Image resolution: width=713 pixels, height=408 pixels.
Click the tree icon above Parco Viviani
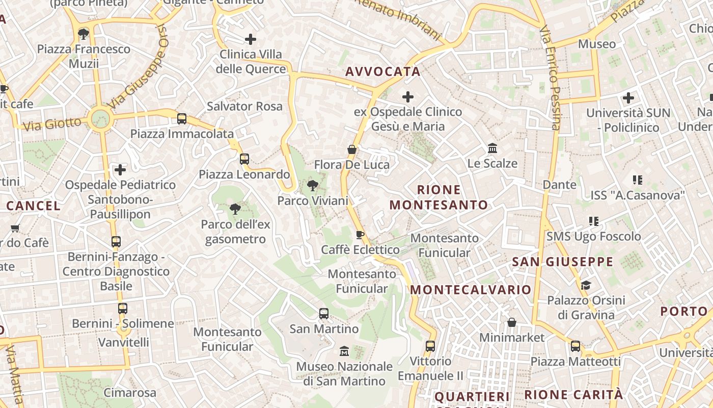tap(312, 186)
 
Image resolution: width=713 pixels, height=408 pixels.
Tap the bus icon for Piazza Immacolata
tap(182, 119)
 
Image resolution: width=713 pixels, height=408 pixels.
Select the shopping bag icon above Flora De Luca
tap(351, 149)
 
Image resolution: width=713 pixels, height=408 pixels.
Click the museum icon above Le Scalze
tap(492, 148)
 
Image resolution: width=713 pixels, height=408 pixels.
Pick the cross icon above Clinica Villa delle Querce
tap(251, 39)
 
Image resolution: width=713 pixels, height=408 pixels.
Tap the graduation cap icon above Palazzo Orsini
tap(586, 285)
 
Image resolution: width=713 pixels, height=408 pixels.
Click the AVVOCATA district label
tap(383, 72)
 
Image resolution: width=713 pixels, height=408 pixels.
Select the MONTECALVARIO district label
tap(471, 290)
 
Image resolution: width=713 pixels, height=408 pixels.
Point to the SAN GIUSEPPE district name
tap(562, 262)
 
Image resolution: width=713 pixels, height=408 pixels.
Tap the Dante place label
tap(560, 185)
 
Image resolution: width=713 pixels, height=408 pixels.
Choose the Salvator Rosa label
tap(244, 107)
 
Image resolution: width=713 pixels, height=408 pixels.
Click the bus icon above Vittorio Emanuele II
tap(430, 346)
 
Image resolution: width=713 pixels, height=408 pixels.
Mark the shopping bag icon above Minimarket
tap(512, 322)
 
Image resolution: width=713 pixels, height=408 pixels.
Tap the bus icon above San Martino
tap(324, 314)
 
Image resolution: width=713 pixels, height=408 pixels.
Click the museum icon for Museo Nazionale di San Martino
tap(344, 351)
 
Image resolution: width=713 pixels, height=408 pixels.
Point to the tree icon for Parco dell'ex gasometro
tap(235, 209)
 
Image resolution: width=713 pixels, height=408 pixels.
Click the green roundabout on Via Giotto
tap(100, 118)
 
